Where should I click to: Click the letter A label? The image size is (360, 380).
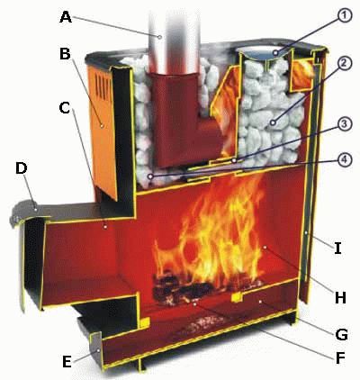(x=66, y=17)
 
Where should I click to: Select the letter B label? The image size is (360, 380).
(x=65, y=54)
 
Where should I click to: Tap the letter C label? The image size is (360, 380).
(x=65, y=108)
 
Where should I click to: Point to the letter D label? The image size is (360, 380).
(x=22, y=168)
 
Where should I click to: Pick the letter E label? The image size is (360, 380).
(x=67, y=362)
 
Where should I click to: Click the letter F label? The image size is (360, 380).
(x=339, y=357)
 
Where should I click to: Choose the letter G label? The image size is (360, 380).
(x=341, y=334)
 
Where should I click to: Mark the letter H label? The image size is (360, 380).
(x=340, y=297)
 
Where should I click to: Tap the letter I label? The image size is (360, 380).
(x=338, y=249)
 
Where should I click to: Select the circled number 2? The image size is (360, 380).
(x=344, y=63)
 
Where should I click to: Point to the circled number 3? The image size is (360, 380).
(x=344, y=124)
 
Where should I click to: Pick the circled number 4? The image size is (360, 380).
(x=344, y=159)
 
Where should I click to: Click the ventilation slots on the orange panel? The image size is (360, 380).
(x=102, y=86)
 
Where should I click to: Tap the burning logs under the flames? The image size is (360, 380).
(x=205, y=290)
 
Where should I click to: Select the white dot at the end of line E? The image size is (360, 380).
(x=98, y=350)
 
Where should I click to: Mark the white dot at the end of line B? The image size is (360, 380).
(x=103, y=125)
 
